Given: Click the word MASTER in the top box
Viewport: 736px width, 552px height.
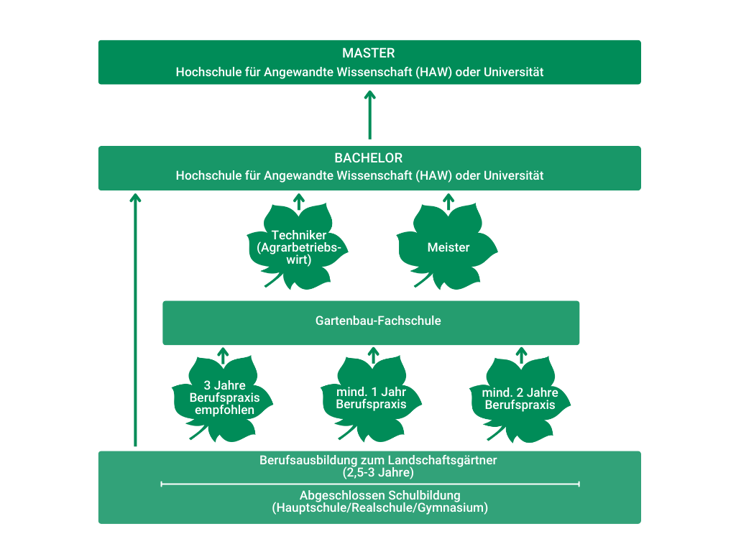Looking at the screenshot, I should tap(369, 53).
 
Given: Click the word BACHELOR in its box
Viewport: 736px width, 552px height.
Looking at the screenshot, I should tap(369, 158).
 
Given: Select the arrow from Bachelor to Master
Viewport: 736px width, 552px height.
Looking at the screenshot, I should tap(370, 115).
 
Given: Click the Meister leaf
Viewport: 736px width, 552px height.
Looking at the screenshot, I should tap(448, 247).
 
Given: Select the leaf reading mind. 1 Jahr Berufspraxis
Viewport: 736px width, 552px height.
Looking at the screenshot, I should tap(372, 397).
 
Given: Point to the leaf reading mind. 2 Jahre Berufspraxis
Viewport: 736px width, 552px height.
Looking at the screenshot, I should tap(520, 399).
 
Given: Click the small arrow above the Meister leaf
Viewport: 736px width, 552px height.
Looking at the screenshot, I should tap(448, 201).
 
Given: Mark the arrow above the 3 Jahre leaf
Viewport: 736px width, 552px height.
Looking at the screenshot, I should tap(223, 355).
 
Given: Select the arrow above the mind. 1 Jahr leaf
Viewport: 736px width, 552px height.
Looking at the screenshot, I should tap(372, 354).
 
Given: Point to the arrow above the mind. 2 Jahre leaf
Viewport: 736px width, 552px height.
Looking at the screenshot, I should tap(522, 354).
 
